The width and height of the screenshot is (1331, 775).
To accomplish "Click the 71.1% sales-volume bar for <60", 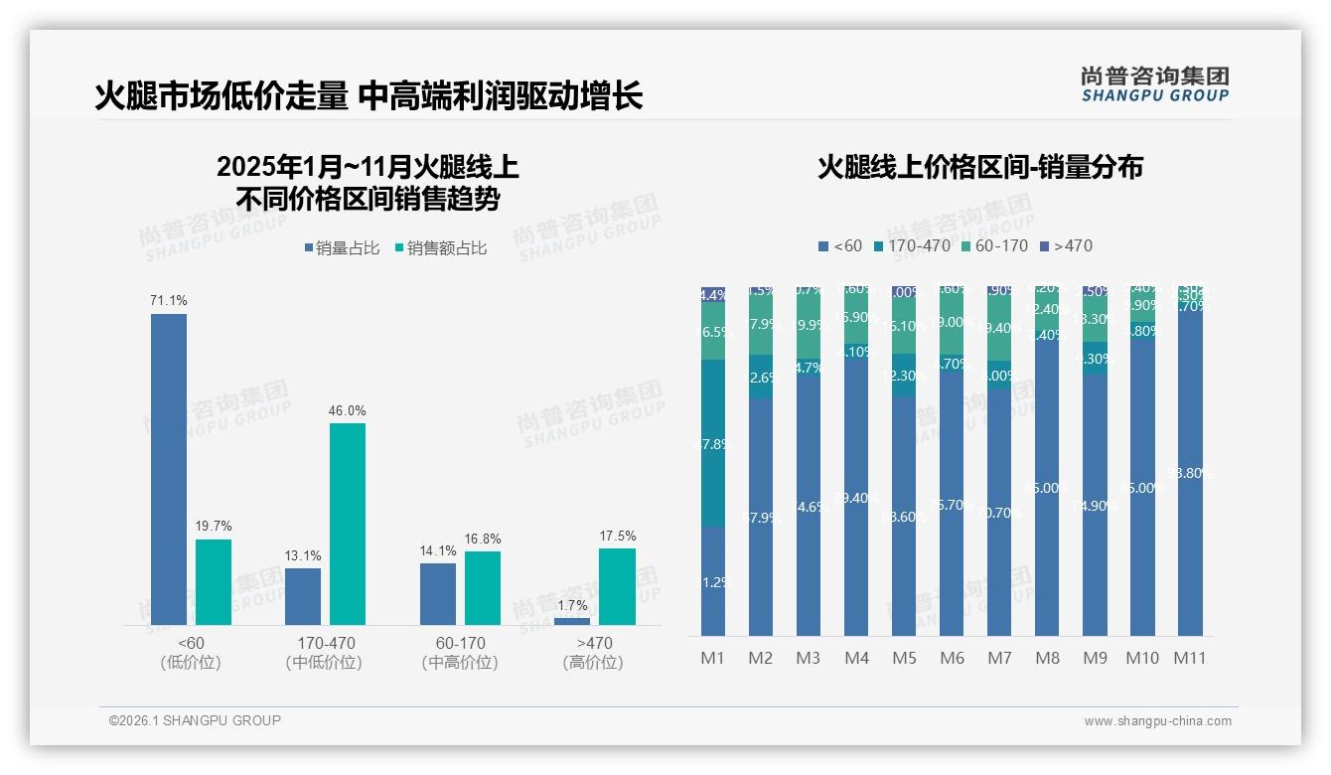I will pos(169,469).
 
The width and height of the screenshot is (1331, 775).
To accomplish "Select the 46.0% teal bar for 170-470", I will pos(348,524).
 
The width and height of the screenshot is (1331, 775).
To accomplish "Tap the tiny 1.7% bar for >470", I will pos(572,621).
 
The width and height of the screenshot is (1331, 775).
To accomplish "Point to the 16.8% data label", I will pos(483,539).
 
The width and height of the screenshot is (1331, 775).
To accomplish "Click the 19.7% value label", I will pos(214,526).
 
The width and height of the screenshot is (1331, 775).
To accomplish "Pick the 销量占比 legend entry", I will pos(342,248).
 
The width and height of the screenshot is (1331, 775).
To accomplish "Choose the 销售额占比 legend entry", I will pos(441,248).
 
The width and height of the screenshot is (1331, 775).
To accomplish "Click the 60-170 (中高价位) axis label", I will pos(460,653).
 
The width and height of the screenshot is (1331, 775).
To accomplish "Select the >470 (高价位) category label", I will pos(594,653).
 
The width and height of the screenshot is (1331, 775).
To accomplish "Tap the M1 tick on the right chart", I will pos(713,658).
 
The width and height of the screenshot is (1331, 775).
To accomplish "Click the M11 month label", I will pos(1189,658).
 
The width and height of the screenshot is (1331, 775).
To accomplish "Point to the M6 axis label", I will pos(952,658).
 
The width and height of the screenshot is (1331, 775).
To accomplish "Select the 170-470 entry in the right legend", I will pos(910,245).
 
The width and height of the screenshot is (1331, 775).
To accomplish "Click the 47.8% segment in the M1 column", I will pos(713,443).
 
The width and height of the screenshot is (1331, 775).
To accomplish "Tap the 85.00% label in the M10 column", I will pos(1142,487).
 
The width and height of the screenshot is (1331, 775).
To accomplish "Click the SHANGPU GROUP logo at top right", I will pos(1154,83).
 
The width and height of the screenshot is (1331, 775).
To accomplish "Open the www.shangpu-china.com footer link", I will pos(1157,721).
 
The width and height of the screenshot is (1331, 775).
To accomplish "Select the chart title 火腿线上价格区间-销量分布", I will pos(980,167).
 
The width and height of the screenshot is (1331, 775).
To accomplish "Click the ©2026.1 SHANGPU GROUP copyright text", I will pos(195,720).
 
